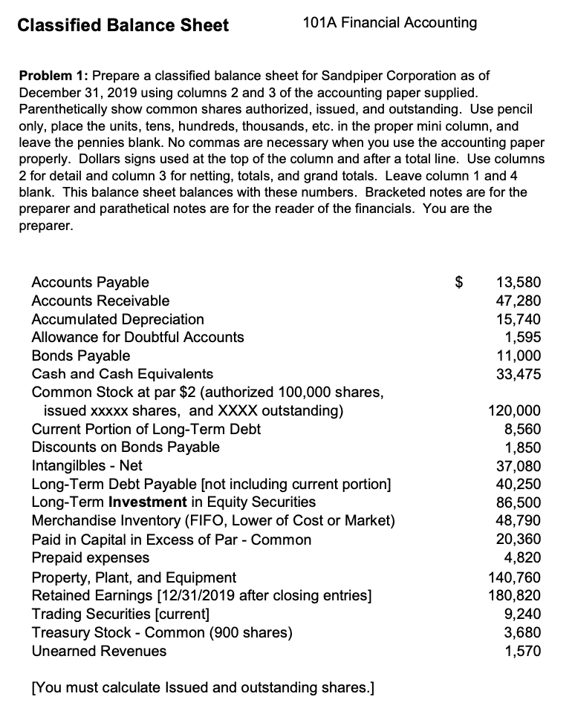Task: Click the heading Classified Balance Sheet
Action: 123,26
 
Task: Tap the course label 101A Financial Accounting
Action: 390,23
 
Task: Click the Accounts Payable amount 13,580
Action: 519,282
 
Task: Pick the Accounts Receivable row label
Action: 100,301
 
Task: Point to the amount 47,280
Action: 519,301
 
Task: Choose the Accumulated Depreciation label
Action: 117,319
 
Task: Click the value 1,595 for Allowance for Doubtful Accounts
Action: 523,337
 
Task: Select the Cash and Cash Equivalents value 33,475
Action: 519,374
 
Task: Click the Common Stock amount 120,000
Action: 514,410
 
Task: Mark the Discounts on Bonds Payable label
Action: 126,447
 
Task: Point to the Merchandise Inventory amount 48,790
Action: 519,520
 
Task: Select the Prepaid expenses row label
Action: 90,557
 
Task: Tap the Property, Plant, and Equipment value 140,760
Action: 514,577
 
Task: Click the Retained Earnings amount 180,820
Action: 514,595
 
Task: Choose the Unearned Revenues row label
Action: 99,651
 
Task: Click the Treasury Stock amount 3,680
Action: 523,632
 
